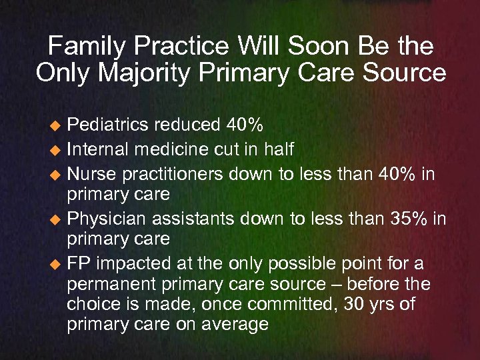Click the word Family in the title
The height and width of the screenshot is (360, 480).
click(x=87, y=46)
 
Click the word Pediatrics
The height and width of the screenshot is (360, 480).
click(x=109, y=125)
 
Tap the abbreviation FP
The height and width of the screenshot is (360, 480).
click(x=78, y=263)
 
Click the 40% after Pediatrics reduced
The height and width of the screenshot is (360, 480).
click(x=241, y=125)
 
